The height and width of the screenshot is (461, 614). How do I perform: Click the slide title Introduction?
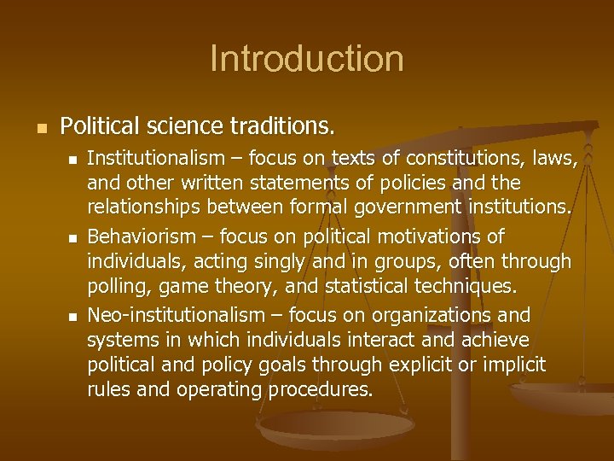[306, 59]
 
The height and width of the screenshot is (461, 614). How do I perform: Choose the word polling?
[115, 286]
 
